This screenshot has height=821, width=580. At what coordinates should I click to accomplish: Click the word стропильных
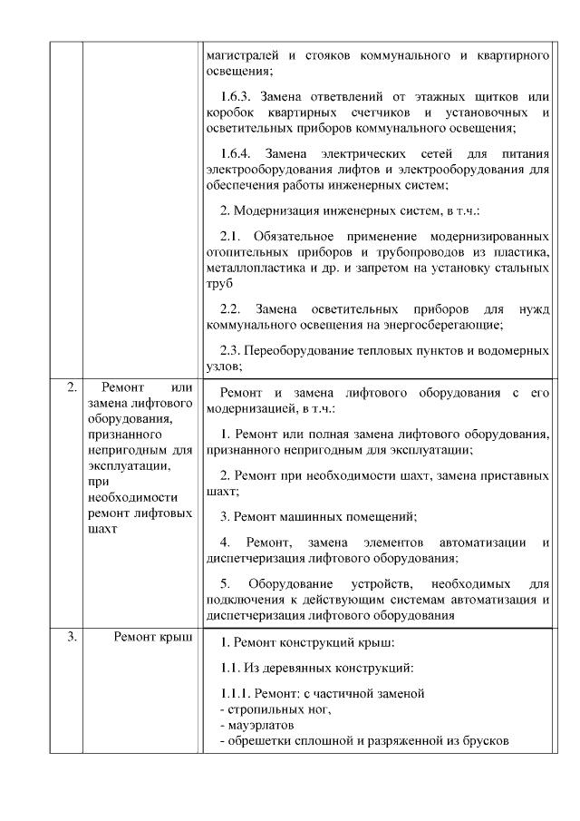pyautogui.click(x=264, y=709)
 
